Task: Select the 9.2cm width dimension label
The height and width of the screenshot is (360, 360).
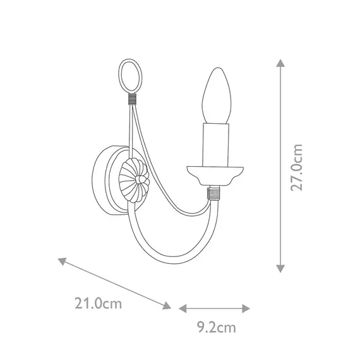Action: [215, 327]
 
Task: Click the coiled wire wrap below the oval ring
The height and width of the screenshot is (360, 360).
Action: [131, 99]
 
